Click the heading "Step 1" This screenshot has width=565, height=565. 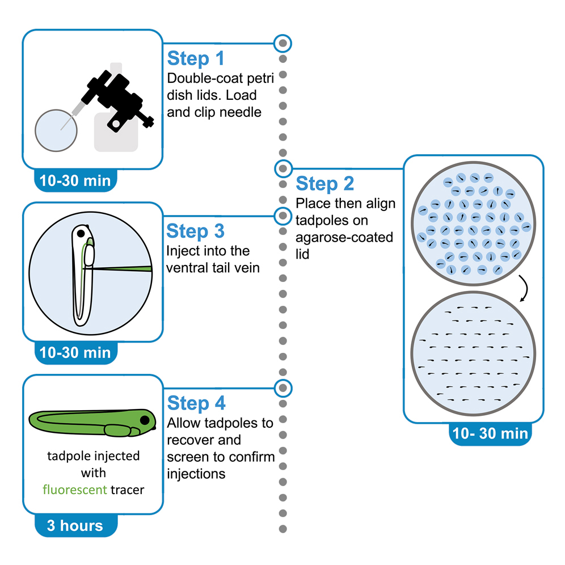[x=196, y=59]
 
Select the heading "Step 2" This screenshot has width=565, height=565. [x=324, y=184]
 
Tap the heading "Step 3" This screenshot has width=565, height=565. [x=196, y=231]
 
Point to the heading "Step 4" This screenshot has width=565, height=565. [x=196, y=403]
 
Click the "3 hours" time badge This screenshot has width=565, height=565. [x=75, y=525]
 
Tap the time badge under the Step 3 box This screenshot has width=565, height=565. [x=75, y=352]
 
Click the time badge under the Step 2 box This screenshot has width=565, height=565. [x=490, y=433]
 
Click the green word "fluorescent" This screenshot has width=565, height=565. [x=75, y=488]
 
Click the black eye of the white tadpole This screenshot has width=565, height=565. [x=82, y=233]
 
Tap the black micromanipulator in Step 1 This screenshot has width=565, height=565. [x=116, y=94]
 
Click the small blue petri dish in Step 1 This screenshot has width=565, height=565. [x=56, y=130]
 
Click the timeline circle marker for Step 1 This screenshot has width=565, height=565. [x=282, y=43]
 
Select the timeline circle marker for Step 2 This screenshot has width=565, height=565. [x=282, y=168]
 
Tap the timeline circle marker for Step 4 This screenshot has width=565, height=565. [x=282, y=388]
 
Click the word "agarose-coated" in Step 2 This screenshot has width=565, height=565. [x=344, y=237]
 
